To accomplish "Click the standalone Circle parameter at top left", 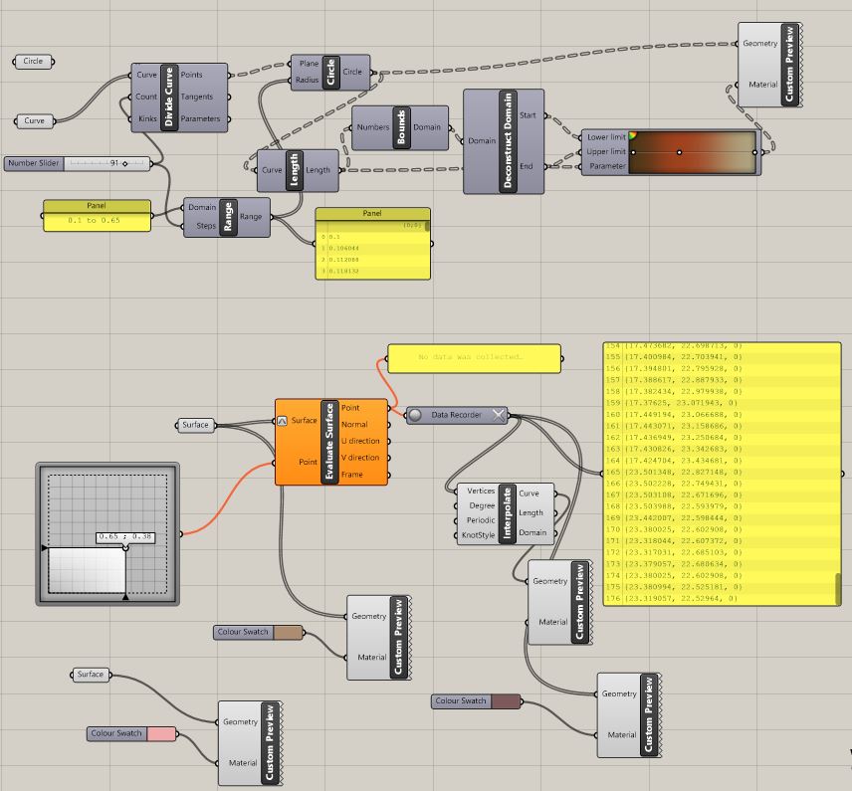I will tap(33, 62).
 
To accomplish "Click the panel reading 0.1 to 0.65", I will tap(97, 220).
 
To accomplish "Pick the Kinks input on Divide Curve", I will tap(147, 119).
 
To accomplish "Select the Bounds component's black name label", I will tap(402, 127).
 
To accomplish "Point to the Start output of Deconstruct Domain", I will tap(528, 115).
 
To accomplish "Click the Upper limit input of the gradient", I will tap(605, 151).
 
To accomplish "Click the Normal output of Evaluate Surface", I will tap(353, 424).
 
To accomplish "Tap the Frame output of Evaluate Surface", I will tap(352, 475).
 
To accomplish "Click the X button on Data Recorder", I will tap(499, 414).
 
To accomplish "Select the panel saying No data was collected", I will tap(471, 356).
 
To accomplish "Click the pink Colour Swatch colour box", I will tap(160, 734).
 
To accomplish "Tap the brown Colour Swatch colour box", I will tap(287, 632).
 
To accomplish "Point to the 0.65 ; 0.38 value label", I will tap(124, 536).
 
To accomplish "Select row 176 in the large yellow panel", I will tap(697, 598).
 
